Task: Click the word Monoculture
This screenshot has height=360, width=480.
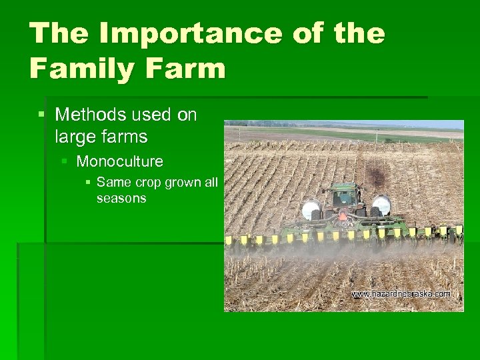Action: point(120,161)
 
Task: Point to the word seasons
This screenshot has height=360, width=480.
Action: point(121,198)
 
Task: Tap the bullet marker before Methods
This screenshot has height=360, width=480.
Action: point(41,115)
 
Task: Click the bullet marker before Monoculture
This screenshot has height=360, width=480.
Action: point(65,161)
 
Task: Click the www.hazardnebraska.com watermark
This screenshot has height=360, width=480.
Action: point(401,293)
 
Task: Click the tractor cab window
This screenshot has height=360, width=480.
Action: point(345,196)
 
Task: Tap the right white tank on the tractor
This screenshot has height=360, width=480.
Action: point(381,205)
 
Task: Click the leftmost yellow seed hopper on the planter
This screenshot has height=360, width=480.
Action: point(229,240)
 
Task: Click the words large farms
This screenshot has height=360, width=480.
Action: point(101,137)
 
